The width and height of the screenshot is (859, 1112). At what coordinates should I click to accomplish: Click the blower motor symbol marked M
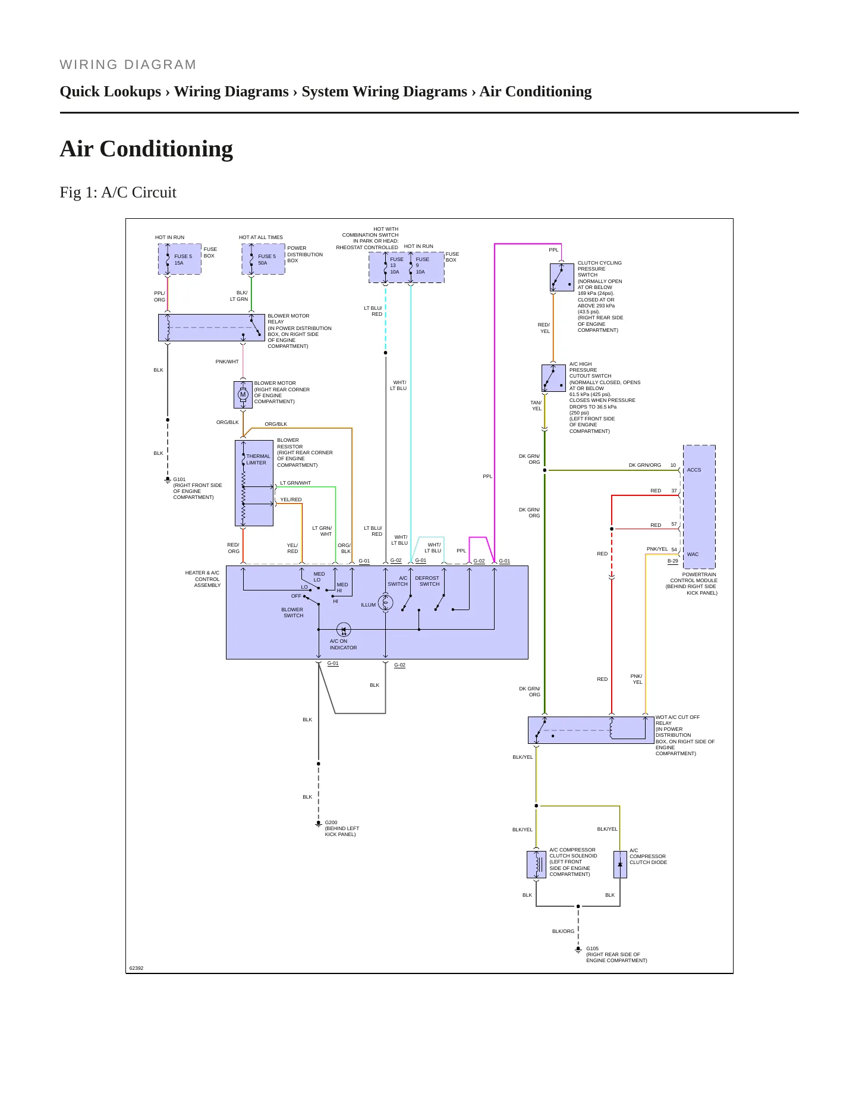243,394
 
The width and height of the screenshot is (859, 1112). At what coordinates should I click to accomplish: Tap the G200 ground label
331,822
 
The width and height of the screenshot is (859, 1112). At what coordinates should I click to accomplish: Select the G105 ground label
592,948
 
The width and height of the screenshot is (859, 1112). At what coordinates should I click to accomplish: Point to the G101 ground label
180,479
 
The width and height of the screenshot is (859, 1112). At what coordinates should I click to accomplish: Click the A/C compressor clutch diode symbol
620,864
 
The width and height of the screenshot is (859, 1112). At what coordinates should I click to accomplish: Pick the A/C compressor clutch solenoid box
537,864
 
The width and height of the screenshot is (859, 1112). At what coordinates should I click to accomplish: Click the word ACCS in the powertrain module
694,470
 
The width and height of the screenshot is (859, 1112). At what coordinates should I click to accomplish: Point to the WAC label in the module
693,554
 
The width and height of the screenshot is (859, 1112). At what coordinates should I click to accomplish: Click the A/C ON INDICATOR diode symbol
344,629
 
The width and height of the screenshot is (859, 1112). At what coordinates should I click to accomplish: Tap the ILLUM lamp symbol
385,603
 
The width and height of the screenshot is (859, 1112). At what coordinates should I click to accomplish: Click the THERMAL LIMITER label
258,460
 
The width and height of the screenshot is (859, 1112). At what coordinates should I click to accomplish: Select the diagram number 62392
136,968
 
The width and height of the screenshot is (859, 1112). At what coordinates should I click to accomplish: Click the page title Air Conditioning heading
146,149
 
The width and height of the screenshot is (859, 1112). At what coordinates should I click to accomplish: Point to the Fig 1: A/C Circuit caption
118,192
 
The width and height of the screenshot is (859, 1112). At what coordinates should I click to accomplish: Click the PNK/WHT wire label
227,362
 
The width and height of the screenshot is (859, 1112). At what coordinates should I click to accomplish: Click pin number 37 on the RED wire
674,491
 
